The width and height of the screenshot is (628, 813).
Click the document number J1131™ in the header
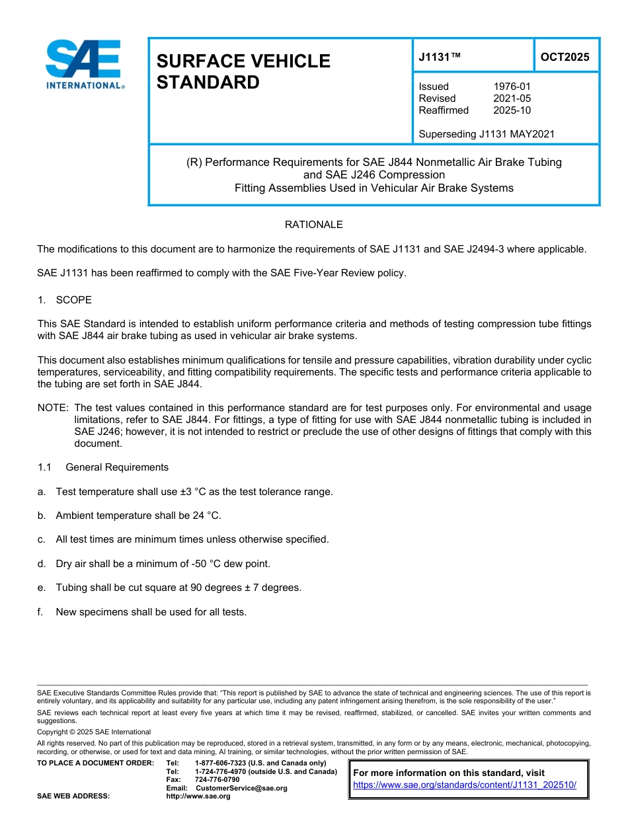click(439, 58)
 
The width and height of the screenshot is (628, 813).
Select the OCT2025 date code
click(565, 58)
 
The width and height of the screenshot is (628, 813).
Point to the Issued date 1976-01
click(512, 87)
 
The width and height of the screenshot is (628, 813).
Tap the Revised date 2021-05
click(512, 98)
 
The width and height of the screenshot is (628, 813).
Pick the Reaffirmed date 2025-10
click(512, 110)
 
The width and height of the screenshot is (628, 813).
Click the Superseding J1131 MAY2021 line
click(486, 134)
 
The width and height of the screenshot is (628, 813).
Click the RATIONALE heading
click(313, 225)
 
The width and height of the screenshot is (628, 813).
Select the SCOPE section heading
click(73, 300)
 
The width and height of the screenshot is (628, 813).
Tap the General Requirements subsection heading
click(117, 467)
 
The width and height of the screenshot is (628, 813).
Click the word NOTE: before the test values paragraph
click(53, 408)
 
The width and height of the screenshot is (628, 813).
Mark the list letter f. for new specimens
click(41, 612)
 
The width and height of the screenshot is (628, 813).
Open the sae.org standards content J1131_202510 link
click(465, 785)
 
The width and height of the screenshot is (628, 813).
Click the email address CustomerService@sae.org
click(241, 788)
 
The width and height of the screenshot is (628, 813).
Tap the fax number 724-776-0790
click(217, 780)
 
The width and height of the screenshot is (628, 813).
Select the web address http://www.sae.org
click(198, 796)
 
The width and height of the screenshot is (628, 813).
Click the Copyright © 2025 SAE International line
click(94, 732)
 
